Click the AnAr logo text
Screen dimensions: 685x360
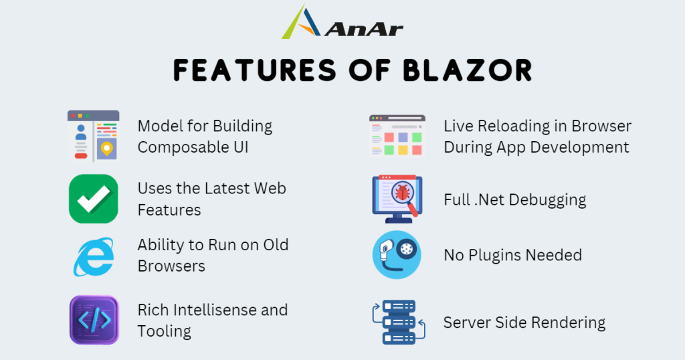point(363,29)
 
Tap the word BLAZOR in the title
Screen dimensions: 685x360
point(468,70)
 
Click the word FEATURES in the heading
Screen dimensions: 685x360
point(255,70)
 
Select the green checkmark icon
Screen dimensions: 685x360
point(94,199)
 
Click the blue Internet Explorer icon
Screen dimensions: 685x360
point(93,257)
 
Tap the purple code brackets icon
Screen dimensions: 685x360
point(94,320)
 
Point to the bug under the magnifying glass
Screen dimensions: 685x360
point(402,192)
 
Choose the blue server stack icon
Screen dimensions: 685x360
point(399,322)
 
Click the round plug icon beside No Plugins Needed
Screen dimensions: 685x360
point(397,255)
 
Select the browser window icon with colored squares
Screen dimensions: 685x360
point(397,136)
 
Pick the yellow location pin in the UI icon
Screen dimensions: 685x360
point(106,148)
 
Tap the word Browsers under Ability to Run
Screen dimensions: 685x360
point(171,266)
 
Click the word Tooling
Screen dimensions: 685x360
point(165,332)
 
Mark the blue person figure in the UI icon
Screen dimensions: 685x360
point(81,132)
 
